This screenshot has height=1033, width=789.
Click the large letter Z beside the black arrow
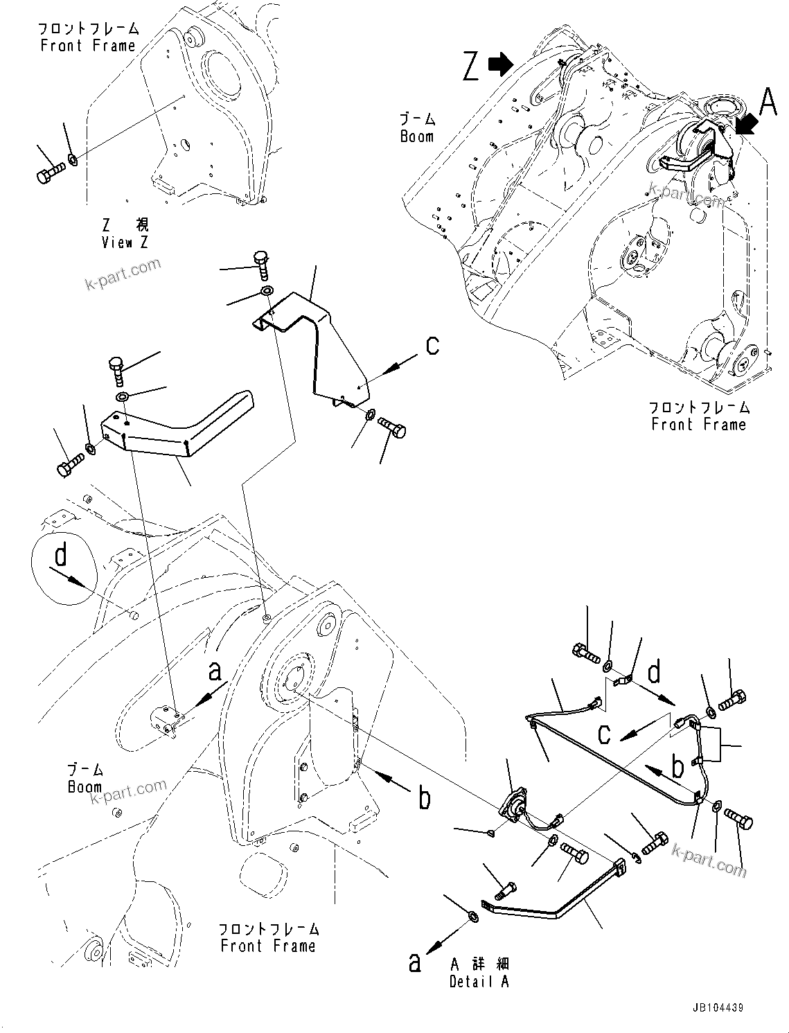click(x=471, y=67)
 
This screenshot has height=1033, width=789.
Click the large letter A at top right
click(x=768, y=104)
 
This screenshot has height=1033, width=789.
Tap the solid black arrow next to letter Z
click(x=499, y=64)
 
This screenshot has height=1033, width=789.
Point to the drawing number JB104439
click(x=716, y=1008)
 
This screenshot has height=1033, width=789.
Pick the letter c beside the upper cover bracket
click(x=432, y=344)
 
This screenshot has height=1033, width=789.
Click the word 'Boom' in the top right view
click(x=417, y=129)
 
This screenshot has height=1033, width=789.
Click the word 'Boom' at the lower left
click(x=85, y=779)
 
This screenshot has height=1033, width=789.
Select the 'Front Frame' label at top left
click(x=88, y=37)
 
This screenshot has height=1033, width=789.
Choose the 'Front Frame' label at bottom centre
click(x=268, y=937)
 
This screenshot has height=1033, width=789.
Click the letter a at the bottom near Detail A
click(x=414, y=962)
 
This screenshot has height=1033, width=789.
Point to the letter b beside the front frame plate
click(x=424, y=798)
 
